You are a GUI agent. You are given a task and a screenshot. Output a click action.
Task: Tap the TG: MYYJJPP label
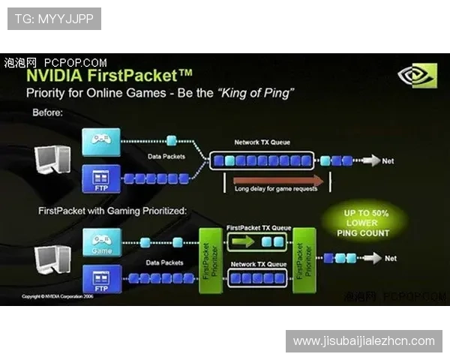click(54, 18)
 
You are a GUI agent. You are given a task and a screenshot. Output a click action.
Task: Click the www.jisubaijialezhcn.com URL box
click(363, 341)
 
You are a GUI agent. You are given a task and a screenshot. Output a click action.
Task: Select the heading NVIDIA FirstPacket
click(109, 76)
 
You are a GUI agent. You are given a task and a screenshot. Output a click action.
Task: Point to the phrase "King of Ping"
click(256, 93)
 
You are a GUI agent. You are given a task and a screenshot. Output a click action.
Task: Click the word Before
click(46, 112)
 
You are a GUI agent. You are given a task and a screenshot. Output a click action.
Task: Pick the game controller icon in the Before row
click(100, 140)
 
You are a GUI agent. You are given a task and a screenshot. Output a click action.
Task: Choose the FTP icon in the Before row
click(100, 176)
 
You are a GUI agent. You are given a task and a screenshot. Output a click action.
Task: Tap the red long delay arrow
click(278, 180)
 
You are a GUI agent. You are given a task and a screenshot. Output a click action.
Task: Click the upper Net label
click(388, 160)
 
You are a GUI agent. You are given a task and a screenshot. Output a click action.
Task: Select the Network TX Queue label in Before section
click(260, 142)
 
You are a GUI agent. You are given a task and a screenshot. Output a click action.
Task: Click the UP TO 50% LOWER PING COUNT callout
click(367, 223)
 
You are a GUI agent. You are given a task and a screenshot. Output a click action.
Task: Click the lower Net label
click(391, 258)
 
